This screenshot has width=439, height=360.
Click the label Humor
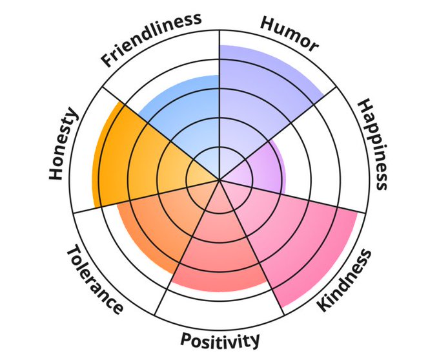pyautogui.click(x=289, y=32)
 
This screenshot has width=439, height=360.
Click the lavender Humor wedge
pyautogui.click(x=258, y=97)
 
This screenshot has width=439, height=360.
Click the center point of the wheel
pyautogui.click(x=219, y=180)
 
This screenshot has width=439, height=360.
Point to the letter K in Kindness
pyautogui.click(x=323, y=304)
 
